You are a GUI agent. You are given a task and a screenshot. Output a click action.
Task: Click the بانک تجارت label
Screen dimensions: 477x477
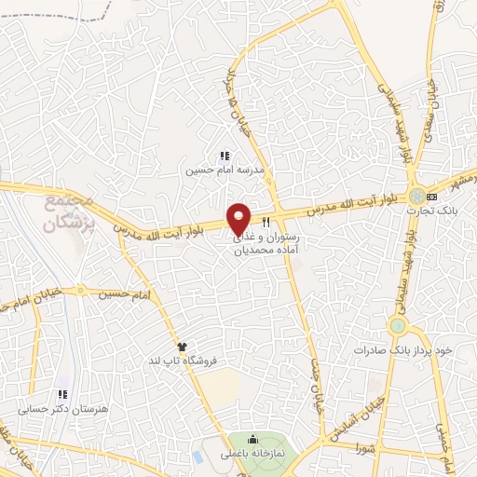tap(428, 211)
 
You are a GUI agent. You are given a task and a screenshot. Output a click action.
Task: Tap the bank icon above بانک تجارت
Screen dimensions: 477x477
tap(431, 197)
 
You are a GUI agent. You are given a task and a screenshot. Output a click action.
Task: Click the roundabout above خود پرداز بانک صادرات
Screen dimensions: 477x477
tap(399, 326)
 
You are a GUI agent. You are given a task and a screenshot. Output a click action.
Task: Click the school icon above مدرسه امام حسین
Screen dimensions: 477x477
tap(224, 156)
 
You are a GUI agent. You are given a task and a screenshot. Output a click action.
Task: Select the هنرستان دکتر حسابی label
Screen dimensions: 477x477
tap(55, 409)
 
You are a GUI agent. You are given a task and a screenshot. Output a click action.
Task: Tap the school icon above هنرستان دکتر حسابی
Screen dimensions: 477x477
tap(63, 394)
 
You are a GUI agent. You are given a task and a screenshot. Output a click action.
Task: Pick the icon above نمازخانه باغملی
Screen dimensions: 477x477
tap(253, 440)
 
